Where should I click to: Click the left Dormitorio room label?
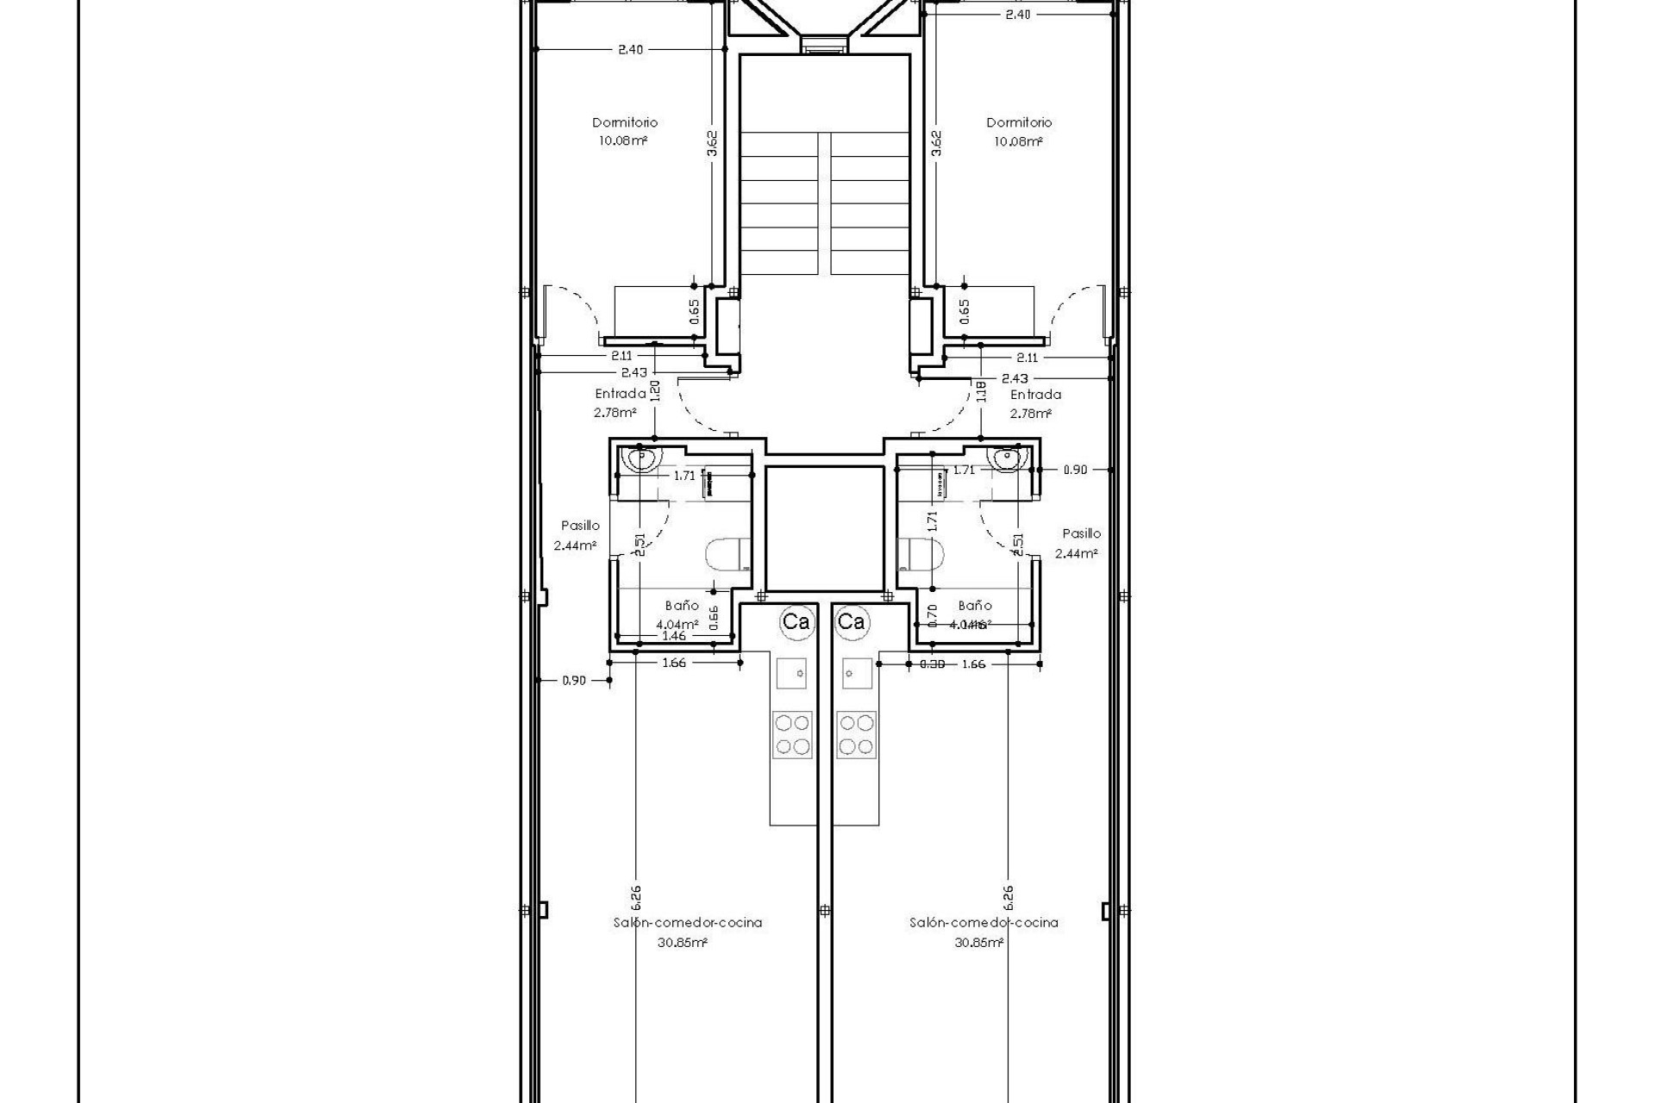(x=624, y=122)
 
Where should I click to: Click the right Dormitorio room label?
(x=1019, y=122)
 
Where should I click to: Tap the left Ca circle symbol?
(x=796, y=621)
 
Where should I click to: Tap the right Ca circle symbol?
(x=852, y=621)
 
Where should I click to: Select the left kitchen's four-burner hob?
(x=791, y=734)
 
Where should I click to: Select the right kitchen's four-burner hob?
(x=856, y=734)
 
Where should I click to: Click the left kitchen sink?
(x=791, y=672)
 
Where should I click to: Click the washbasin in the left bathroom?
(x=640, y=458)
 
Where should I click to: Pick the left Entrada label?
(x=620, y=394)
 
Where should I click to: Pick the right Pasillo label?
(x=1081, y=533)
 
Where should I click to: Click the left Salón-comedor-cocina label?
(x=687, y=922)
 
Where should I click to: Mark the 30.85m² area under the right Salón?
(x=978, y=943)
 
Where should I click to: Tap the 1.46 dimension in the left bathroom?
(x=673, y=636)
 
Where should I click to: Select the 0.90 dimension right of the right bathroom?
(x=1075, y=470)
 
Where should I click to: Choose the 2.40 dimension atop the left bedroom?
(x=630, y=50)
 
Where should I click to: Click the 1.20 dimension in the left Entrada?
(x=655, y=391)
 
